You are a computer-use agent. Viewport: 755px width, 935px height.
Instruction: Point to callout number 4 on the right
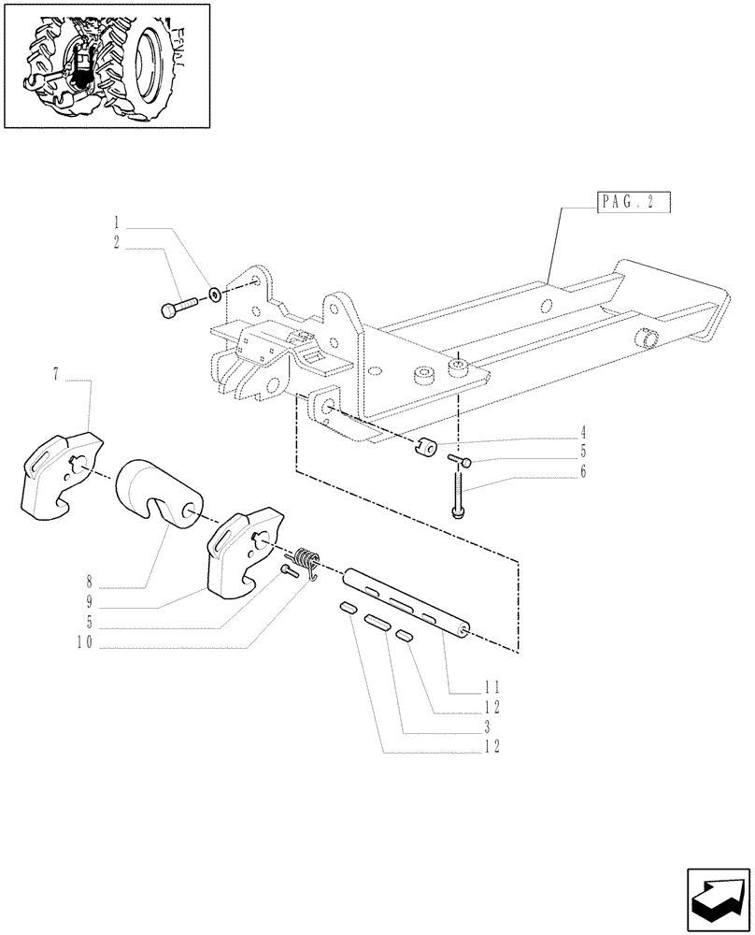click(x=582, y=432)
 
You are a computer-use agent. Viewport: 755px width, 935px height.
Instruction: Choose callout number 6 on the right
click(x=582, y=473)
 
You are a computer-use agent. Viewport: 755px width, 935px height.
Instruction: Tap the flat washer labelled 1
click(x=216, y=295)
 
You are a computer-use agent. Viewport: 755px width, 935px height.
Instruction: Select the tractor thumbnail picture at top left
click(x=106, y=65)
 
